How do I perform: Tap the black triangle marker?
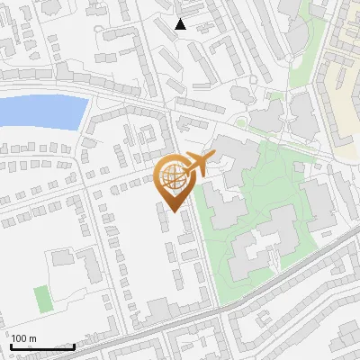click(181, 24)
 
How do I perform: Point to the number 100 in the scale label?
click(21, 338)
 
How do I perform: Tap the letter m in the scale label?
click(33, 338)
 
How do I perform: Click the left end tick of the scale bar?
click(11, 346)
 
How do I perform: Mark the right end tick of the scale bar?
click(74, 346)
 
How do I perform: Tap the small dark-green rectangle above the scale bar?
click(40, 297)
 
